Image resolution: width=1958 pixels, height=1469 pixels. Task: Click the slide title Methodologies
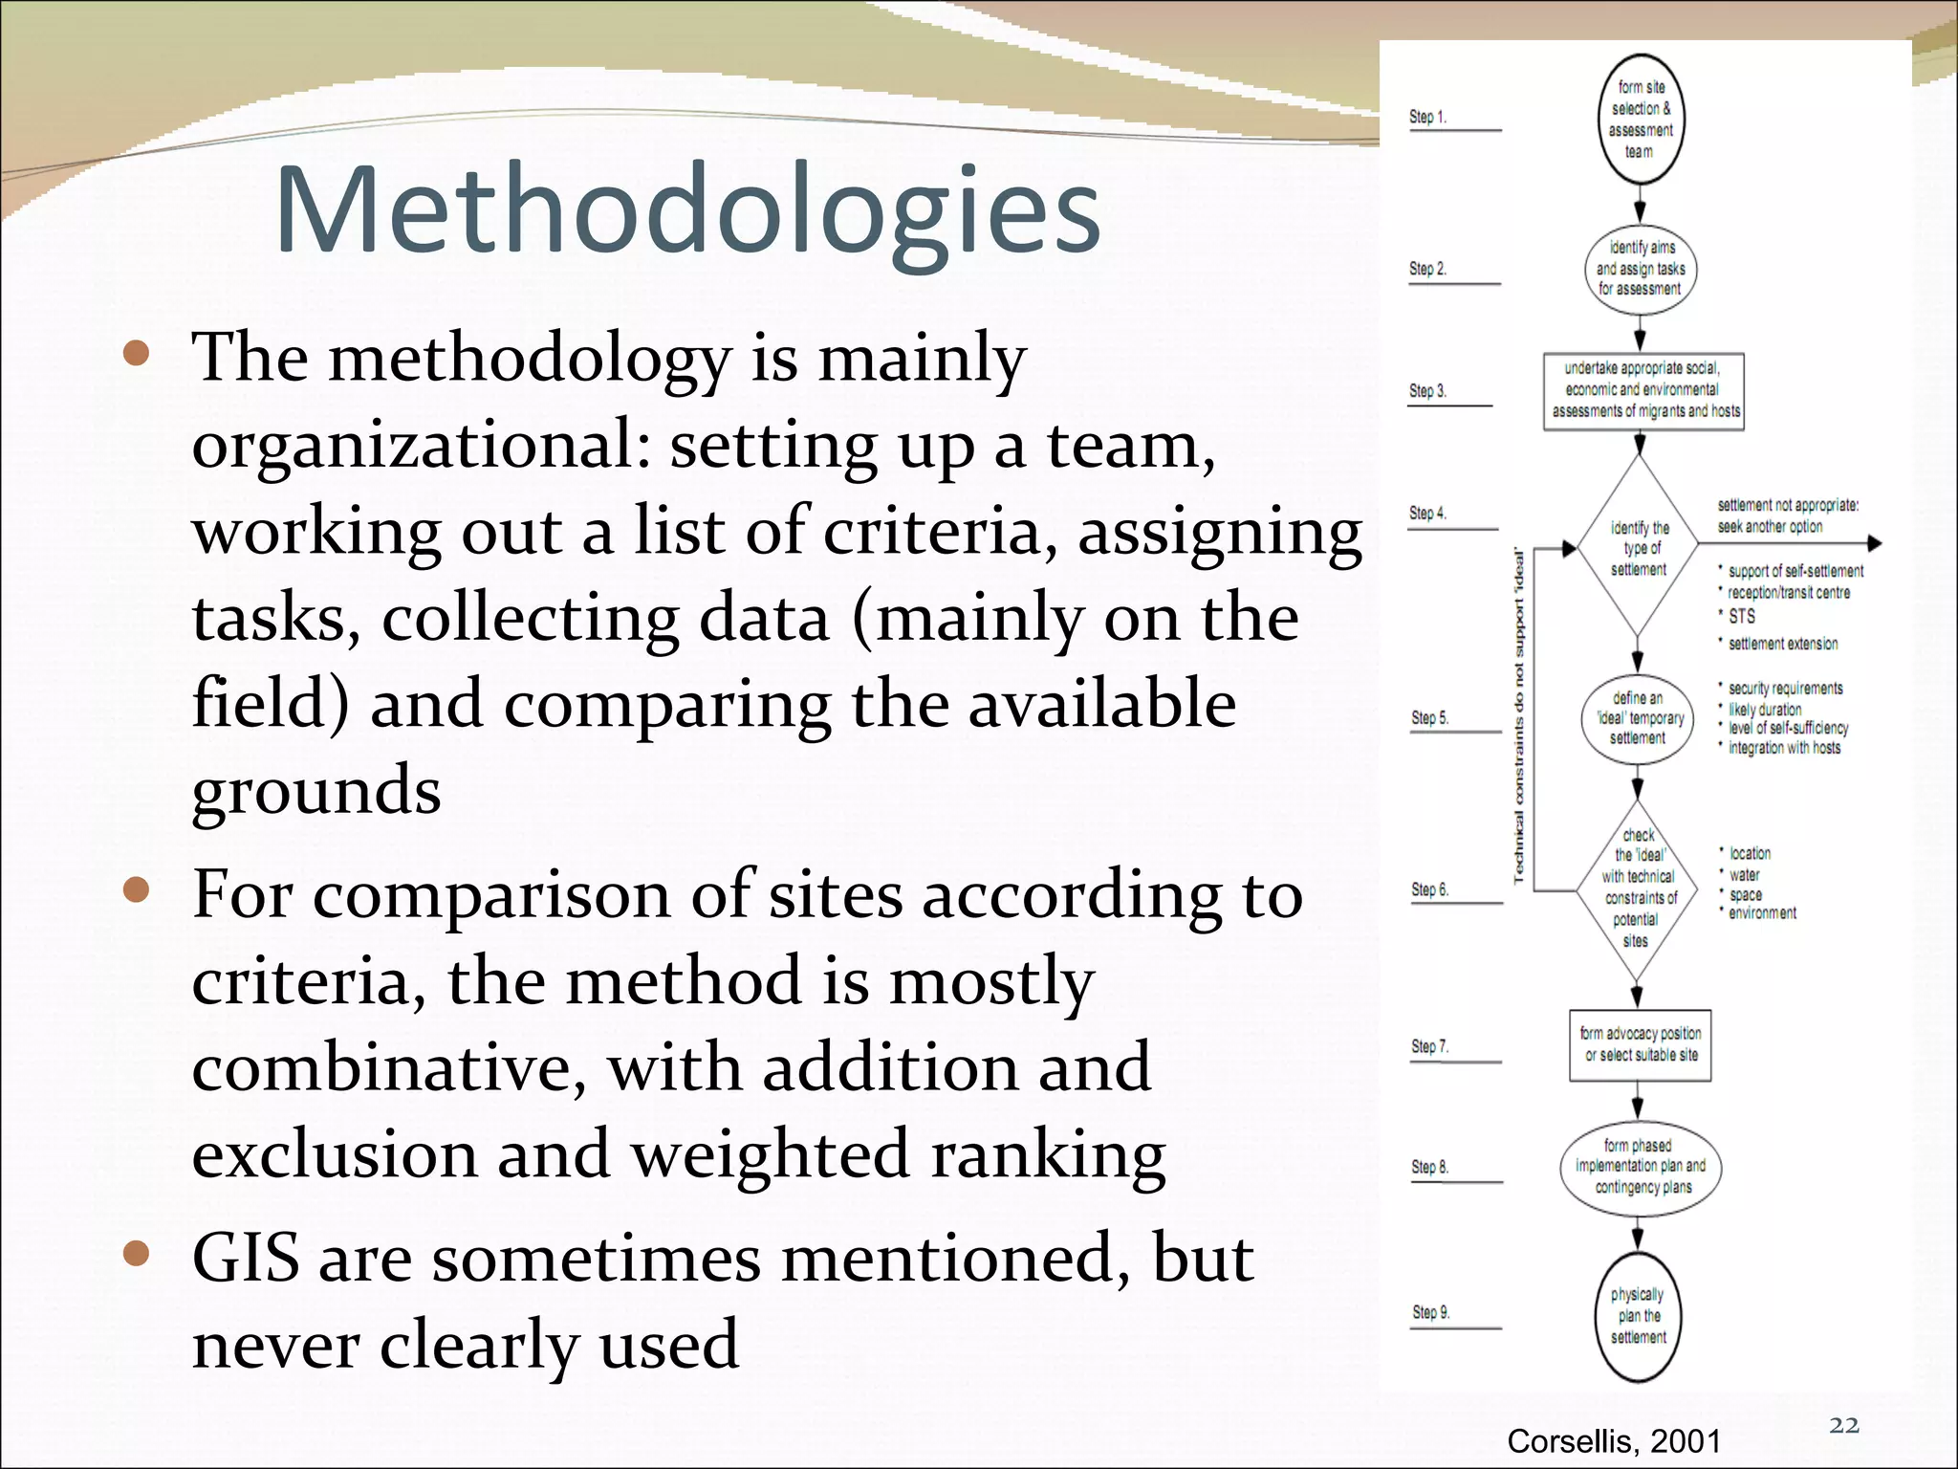(x=688, y=210)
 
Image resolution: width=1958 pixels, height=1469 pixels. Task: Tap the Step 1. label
(x=1427, y=117)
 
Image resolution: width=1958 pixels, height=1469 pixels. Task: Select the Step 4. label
(x=1427, y=514)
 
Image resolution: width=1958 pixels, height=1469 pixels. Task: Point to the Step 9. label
(x=1431, y=1312)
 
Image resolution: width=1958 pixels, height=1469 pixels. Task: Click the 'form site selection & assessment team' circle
(x=1641, y=120)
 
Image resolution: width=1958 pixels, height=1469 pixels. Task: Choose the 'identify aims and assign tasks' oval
(x=1640, y=269)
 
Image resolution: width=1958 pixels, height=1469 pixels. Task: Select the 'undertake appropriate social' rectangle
(x=1643, y=390)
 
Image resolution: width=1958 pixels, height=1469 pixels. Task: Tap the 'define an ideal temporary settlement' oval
(x=1638, y=718)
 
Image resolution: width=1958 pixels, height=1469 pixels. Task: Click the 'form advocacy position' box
(x=1640, y=1044)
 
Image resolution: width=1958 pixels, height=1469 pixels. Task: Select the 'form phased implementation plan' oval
(x=1641, y=1167)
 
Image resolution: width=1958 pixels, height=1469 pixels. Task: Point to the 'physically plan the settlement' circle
(x=1639, y=1316)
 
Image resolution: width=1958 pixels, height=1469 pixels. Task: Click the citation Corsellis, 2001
(x=1614, y=1440)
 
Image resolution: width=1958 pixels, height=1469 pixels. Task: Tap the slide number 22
(x=1844, y=1425)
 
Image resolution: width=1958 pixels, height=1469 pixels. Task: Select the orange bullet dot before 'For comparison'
(x=137, y=890)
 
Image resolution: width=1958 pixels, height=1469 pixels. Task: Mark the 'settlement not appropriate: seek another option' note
(x=1787, y=515)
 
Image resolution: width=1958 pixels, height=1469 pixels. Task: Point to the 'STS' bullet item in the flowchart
(x=1741, y=617)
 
